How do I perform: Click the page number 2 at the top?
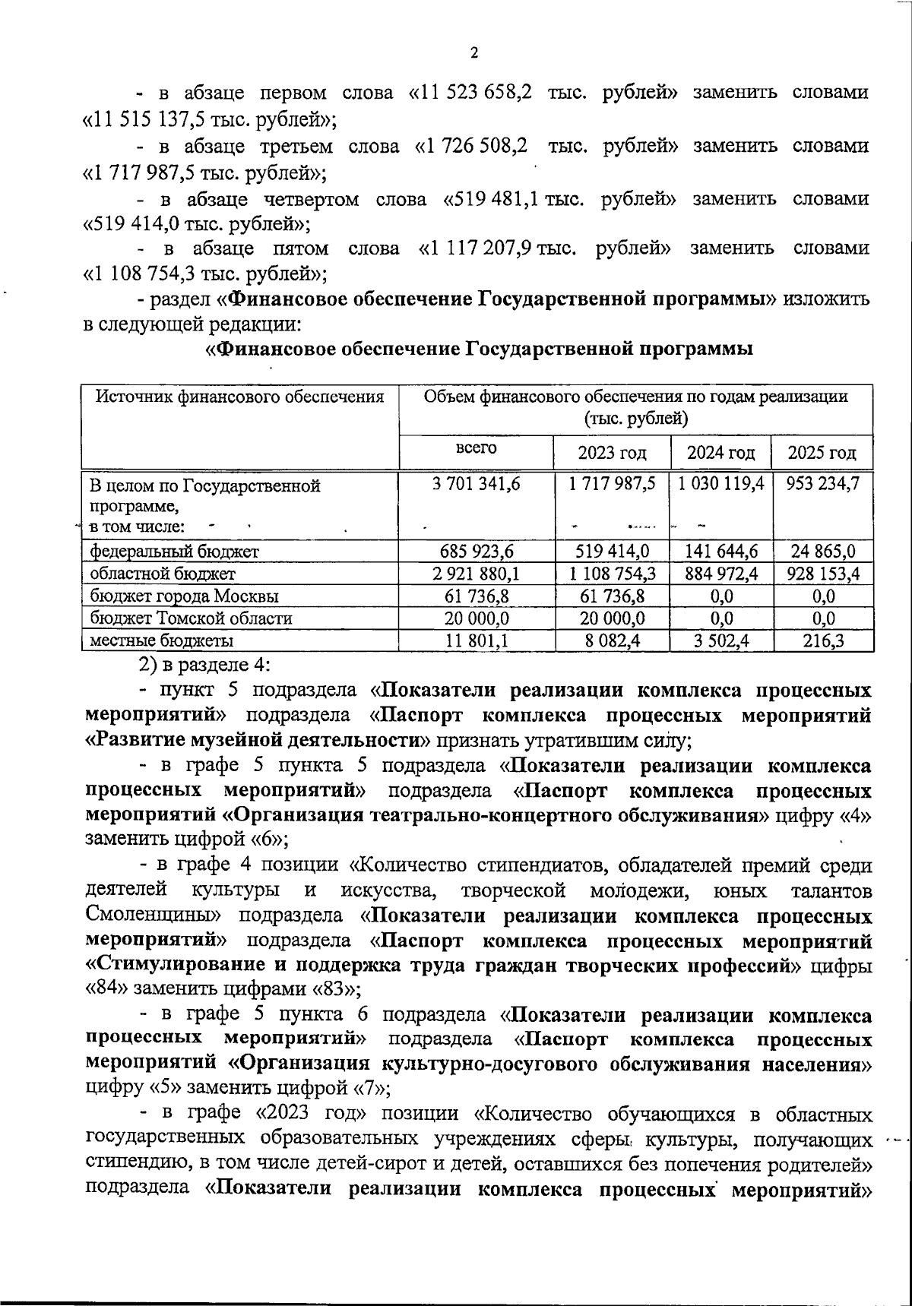coord(474,52)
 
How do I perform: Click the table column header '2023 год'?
coord(612,454)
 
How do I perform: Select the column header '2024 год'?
coord(720,454)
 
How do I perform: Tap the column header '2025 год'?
coord(822,454)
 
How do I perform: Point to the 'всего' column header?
coord(477,447)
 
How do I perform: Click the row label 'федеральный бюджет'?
coord(174,552)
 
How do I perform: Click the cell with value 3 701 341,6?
coord(477,484)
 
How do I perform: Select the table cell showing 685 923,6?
coord(477,552)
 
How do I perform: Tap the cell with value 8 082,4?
coord(612,641)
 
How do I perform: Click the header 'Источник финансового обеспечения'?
coord(239,397)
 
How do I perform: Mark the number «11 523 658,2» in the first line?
coord(470,93)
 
